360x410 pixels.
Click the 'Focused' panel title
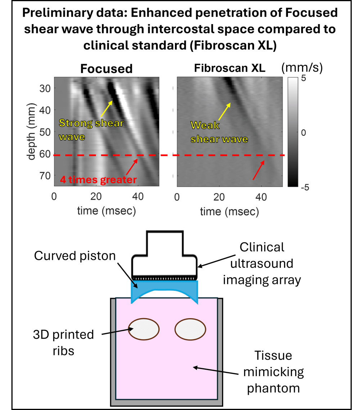click(106, 68)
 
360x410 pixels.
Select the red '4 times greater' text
click(98, 179)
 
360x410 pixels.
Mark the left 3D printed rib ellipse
click(144, 329)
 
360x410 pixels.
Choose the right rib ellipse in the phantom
click(190, 329)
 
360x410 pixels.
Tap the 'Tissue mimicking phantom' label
click(273, 372)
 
